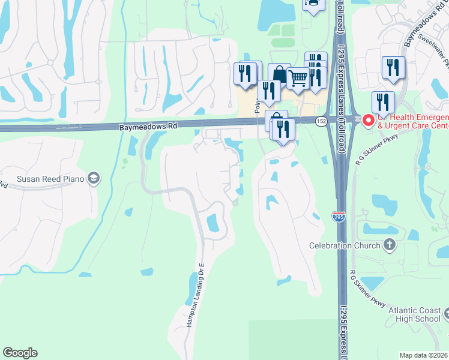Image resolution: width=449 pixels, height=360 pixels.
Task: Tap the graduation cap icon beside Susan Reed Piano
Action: pos(93,178)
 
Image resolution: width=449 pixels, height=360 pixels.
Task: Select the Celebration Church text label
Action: pos(345,245)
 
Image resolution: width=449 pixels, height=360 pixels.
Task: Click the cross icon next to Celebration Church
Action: pos(390,245)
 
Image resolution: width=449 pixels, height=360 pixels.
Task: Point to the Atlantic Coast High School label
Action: pos(414,314)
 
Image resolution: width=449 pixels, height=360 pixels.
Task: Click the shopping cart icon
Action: pos(297,77)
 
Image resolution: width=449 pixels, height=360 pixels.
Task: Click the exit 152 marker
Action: pos(322,121)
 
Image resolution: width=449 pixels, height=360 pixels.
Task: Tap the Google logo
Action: pos(20,353)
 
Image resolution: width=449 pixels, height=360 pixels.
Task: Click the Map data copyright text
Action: pos(424,355)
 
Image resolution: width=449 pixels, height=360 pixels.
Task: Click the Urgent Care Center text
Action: pos(413,126)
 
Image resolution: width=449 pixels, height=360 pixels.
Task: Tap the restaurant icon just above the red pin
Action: pos(382,103)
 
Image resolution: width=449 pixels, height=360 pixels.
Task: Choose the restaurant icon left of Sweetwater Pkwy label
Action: pos(393,67)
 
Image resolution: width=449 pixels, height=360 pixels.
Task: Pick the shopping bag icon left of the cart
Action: pos(279,74)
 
